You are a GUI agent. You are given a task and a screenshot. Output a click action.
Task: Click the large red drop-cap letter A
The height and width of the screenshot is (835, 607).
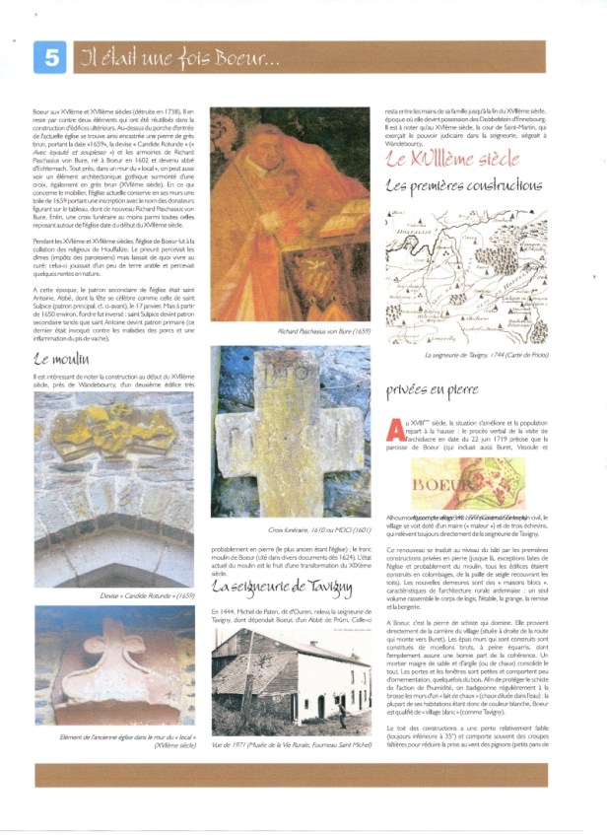pos(395,428)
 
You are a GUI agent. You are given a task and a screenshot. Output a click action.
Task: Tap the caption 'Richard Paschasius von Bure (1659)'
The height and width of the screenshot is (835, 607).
pos(289,331)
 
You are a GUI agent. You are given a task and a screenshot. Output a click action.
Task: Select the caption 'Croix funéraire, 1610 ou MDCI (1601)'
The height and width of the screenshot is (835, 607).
pos(290,529)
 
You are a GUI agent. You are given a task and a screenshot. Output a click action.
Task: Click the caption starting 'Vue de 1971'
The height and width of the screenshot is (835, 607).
pos(288,745)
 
